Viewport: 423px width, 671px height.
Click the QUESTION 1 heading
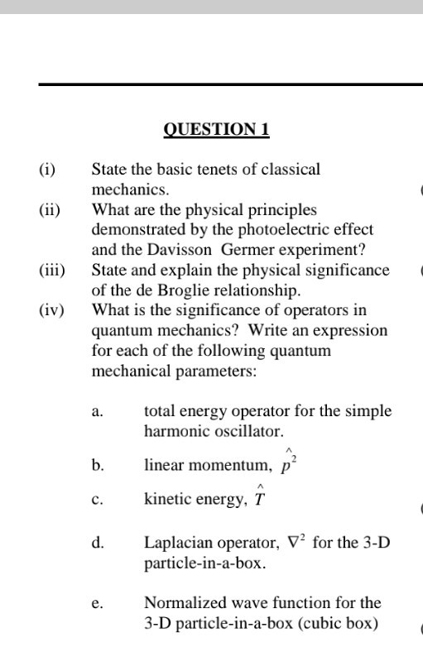(217, 130)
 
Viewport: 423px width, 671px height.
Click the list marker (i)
(47, 170)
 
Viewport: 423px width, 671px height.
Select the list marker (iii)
(52, 270)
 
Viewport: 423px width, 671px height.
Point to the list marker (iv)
(51, 310)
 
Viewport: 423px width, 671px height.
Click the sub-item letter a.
(97, 411)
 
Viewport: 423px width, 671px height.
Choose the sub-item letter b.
(98, 467)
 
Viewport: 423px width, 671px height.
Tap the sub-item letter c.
(97, 500)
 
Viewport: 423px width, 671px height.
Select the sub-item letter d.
(98, 544)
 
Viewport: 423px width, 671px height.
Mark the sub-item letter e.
(97, 604)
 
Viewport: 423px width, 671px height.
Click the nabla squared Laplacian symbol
(298, 543)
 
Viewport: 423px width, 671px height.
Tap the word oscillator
(252, 431)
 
